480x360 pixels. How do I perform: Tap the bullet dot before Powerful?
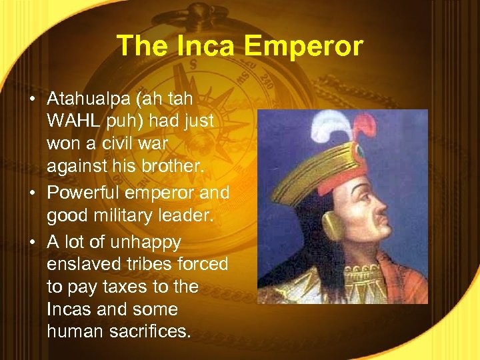coord(33,193)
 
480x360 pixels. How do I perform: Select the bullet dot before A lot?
coord(33,241)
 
